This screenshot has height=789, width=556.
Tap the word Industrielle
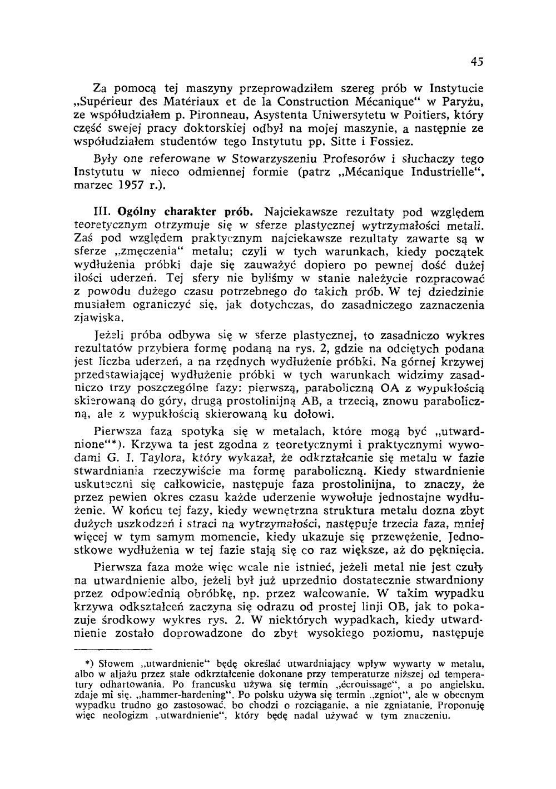(440, 172)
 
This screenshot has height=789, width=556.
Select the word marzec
(92, 185)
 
